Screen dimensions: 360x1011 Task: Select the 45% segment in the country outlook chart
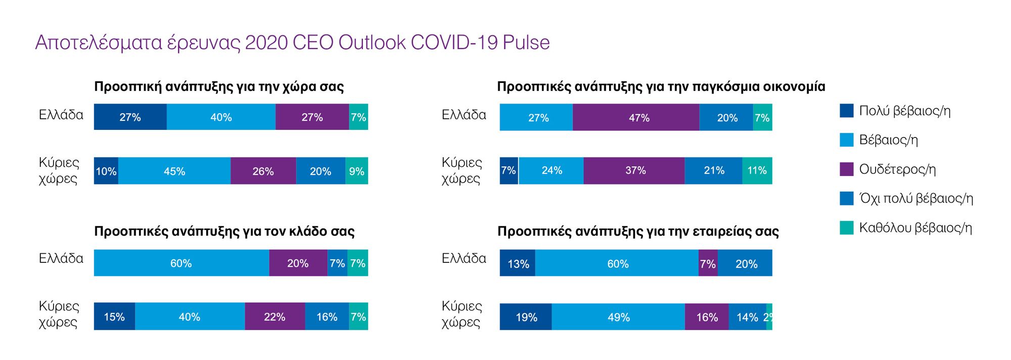pyautogui.click(x=174, y=171)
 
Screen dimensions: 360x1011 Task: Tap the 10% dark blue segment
pyautogui.click(x=106, y=171)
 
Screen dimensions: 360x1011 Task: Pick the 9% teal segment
pyautogui.click(x=356, y=171)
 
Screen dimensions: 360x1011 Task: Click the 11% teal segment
pyautogui.click(x=757, y=170)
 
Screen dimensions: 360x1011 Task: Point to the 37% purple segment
pyautogui.click(x=634, y=170)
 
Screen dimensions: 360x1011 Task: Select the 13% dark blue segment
pyautogui.click(x=518, y=263)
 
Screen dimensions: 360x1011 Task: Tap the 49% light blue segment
pyautogui.click(x=618, y=317)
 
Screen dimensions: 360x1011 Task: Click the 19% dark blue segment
pyautogui.click(x=526, y=317)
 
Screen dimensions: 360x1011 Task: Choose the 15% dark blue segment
pyautogui.click(x=114, y=317)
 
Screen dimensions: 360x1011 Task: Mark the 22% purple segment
pyautogui.click(x=274, y=317)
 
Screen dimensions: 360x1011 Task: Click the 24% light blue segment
pyautogui.click(x=551, y=170)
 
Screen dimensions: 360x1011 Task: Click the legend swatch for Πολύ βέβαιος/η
pyautogui.click(x=846, y=110)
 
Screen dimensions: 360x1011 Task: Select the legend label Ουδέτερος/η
pyautogui.click(x=897, y=169)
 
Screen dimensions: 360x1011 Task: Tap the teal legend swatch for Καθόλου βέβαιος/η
pyautogui.click(x=846, y=228)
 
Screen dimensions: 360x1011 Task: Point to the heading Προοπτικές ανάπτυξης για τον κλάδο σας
pyautogui.click(x=224, y=231)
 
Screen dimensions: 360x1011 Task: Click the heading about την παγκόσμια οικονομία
pyautogui.click(x=661, y=86)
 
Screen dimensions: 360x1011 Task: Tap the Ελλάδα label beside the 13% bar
pyautogui.click(x=464, y=258)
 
